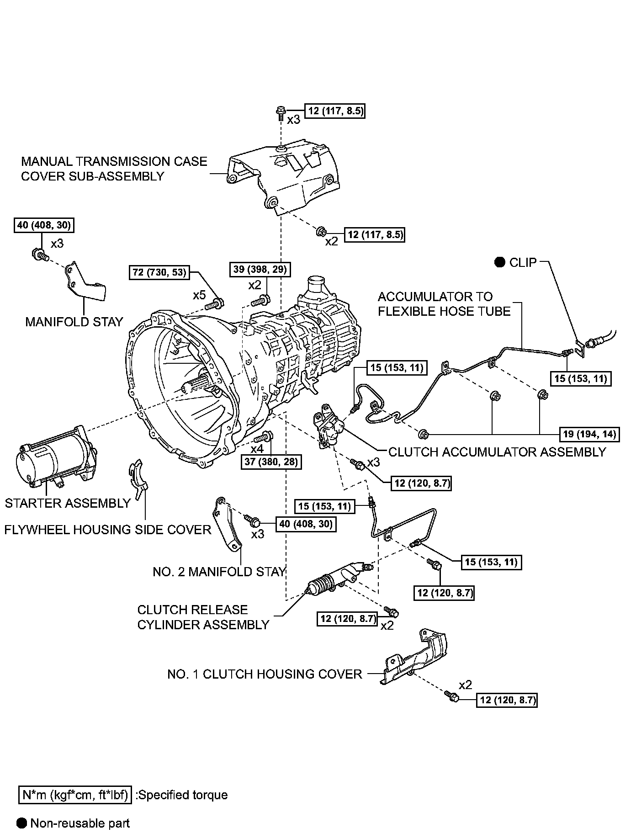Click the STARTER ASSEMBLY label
[x=68, y=503]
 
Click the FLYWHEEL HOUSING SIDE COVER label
[x=108, y=530]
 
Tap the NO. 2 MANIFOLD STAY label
[x=219, y=572]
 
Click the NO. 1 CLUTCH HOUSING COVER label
[x=265, y=674]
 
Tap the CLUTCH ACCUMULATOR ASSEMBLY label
[x=497, y=452]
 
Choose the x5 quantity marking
[x=199, y=295]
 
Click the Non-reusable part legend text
[x=80, y=823]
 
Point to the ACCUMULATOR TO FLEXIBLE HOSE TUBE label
[x=444, y=304]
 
